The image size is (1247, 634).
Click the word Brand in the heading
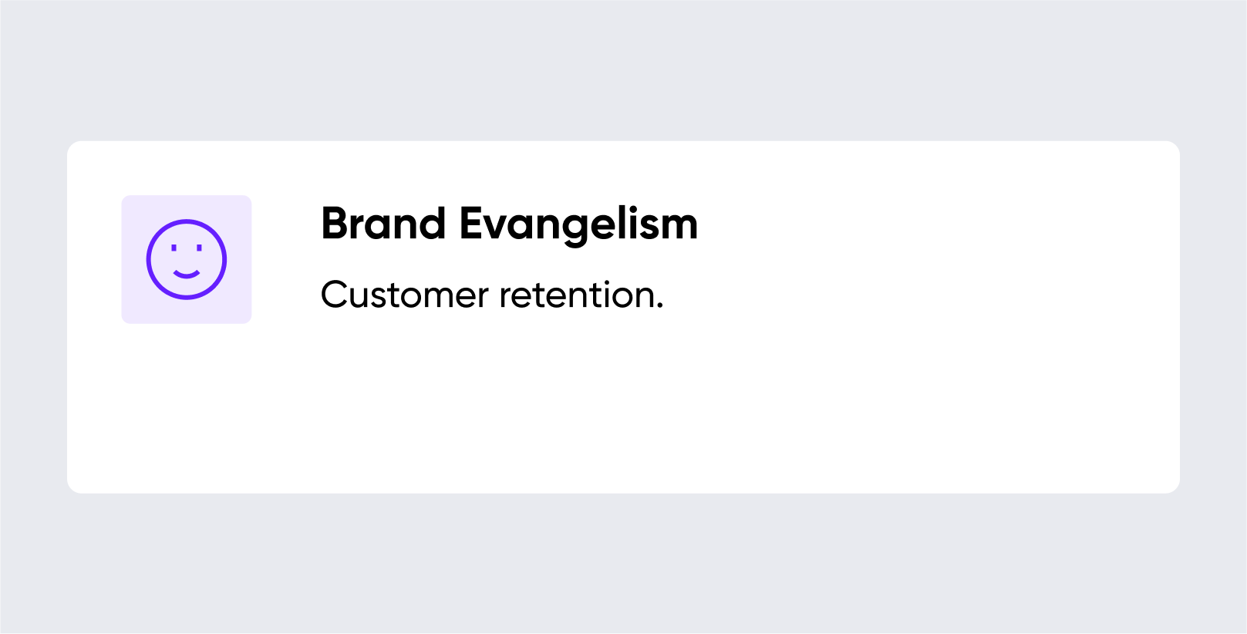pyautogui.click(x=383, y=224)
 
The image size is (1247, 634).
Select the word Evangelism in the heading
pyautogui.click(x=578, y=225)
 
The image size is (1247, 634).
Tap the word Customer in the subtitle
pyautogui.click(x=405, y=295)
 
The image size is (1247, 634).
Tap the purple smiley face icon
pyautogui.click(x=187, y=259)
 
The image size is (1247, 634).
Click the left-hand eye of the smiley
pyautogui.click(x=174, y=248)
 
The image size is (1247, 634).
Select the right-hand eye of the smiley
pyautogui.click(x=199, y=248)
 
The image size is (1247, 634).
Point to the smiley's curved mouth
pyautogui.click(x=187, y=275)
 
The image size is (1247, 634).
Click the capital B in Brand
pyautogui.click(x=334, y=224)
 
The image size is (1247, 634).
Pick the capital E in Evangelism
pyautogui.click(x=471, y=224)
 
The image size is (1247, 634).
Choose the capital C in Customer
pyautogui.click(x=334, y=295)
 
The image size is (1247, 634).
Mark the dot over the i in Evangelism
pyautogui.click(x=632, y=208)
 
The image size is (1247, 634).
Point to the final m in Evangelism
pyautogui.click(x=678, y=228)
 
